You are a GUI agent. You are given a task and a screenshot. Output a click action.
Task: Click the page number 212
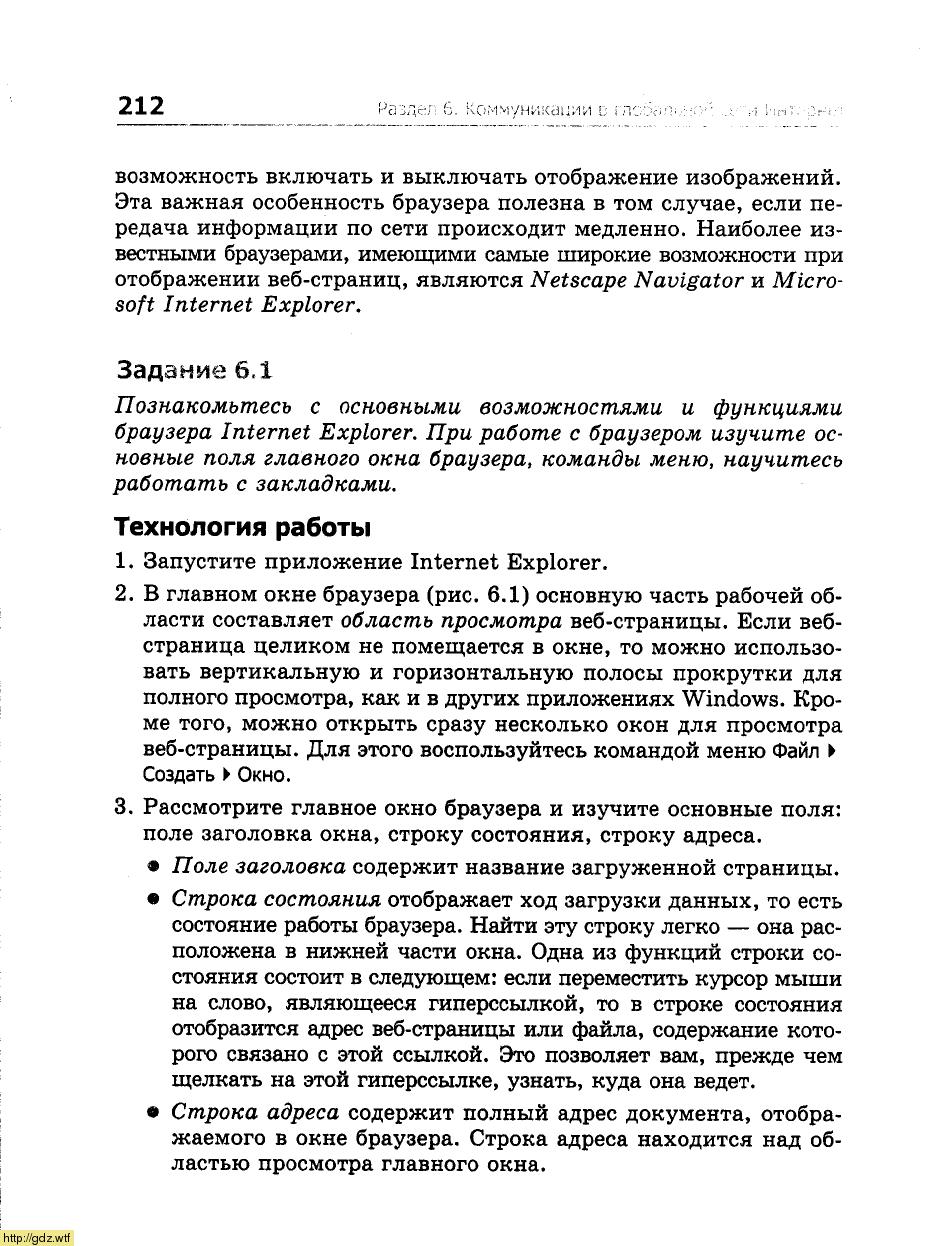[x=140, y=106]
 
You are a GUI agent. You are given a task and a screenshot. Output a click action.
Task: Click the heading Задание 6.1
[x=194, y=370]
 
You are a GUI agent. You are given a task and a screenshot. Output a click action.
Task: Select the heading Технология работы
[x=242, y=527]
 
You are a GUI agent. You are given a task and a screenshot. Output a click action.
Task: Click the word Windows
[x=730, y=699]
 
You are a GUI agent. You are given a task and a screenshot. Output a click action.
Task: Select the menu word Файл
[x=796, y=750]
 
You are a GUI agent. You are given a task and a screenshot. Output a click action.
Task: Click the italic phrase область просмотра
[x=451, y=622]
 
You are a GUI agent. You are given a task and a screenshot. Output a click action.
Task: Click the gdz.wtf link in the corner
[x=36, y=1238]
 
